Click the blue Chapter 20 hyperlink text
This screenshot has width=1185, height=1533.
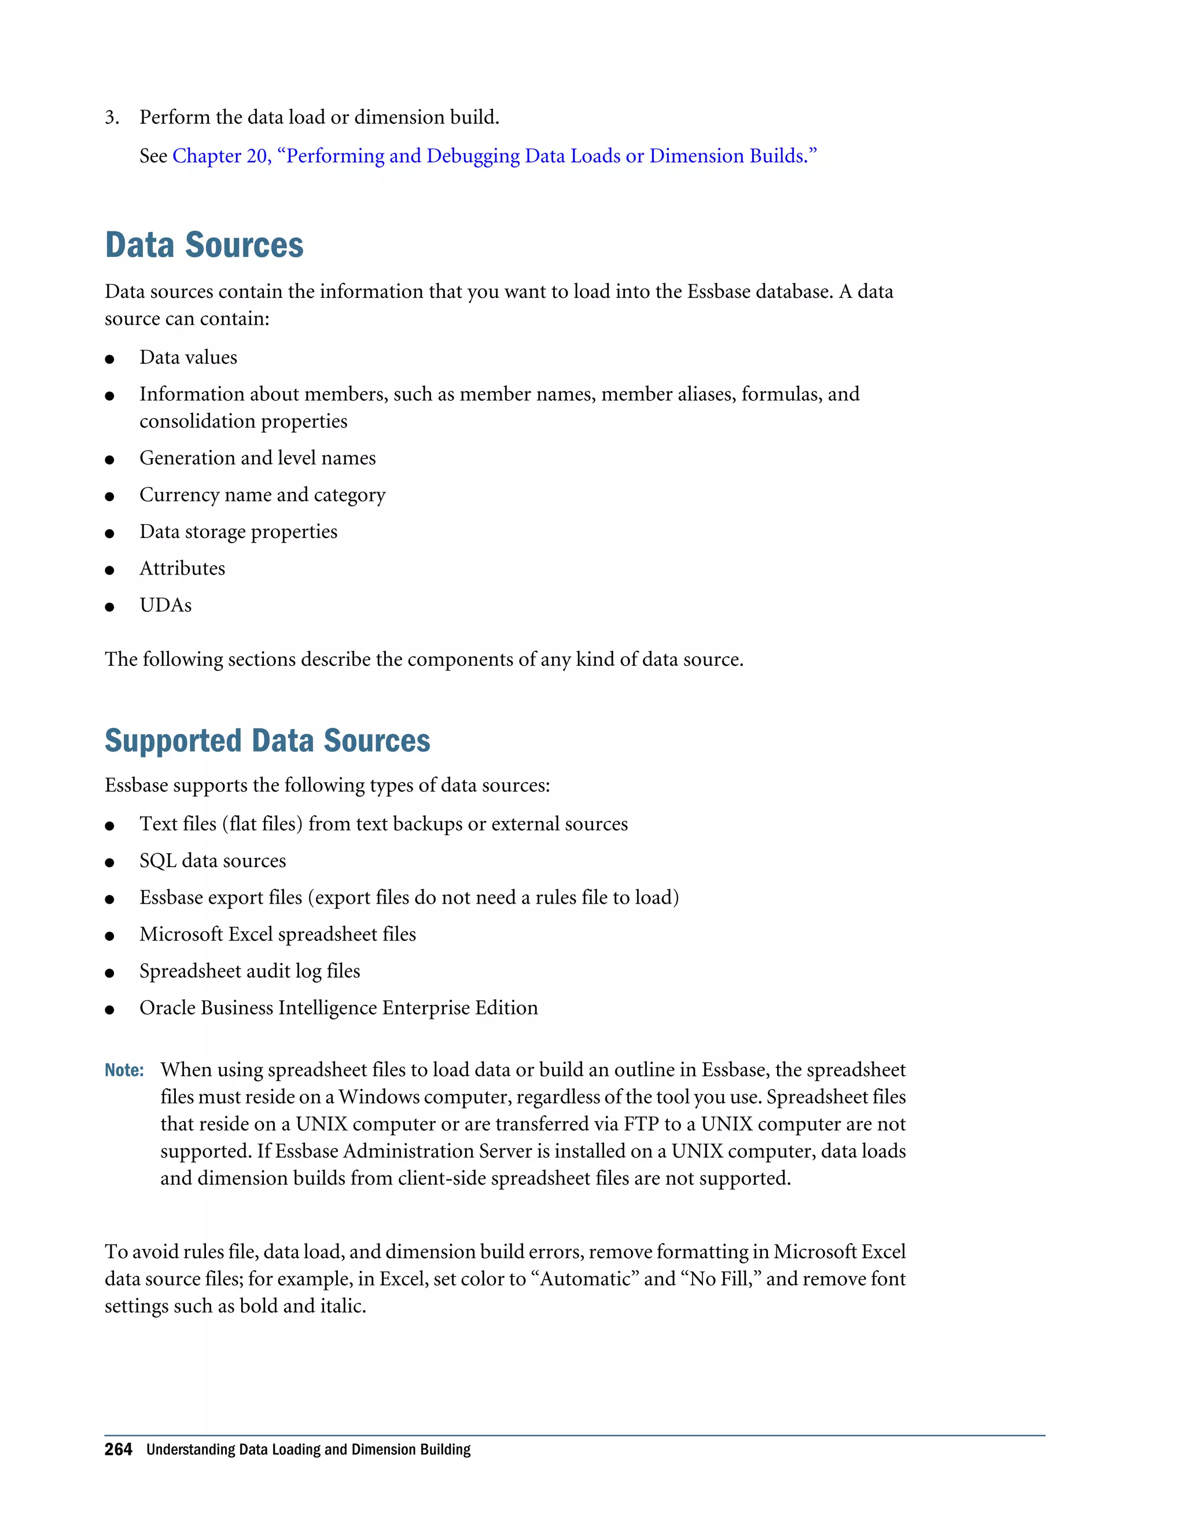click(x=494, y=156)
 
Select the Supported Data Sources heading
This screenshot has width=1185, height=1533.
click(x=267, y=740)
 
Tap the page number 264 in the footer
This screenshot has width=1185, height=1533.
click(x=118, y=1450)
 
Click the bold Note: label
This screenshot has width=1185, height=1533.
click(x=124, y=1070)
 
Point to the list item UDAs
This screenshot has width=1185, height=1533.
click(x=165, y=605)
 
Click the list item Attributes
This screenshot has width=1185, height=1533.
click(x=182, y=569)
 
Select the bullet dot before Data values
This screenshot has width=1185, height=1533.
click(x=109, y=359)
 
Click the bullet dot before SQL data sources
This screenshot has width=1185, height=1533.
click(x=109, y=863)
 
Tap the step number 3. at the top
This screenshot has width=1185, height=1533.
click(x=112, y=117)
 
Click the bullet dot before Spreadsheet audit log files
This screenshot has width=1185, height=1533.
click(x=109, y=973)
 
